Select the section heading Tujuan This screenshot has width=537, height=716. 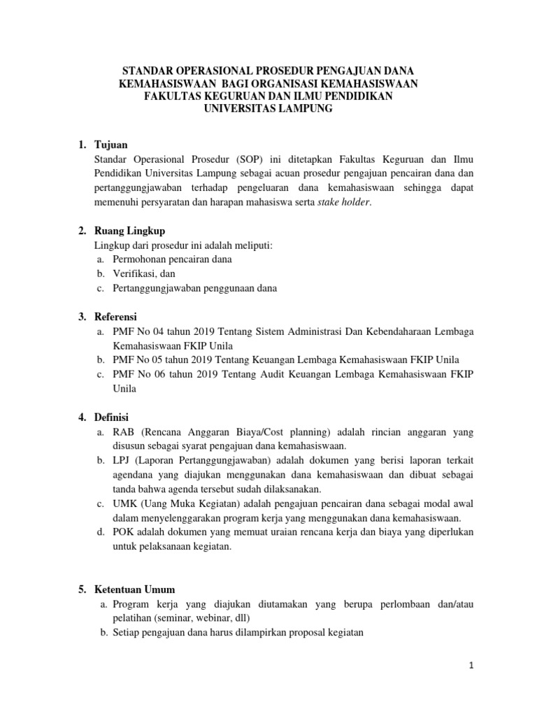(x=112, y=145)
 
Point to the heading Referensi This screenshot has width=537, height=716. (x=116, y=317)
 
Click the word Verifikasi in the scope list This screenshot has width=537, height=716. (x=134, y=273)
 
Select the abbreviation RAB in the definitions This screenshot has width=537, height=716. (x=124, y=432)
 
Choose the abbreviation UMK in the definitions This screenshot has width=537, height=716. (x=125, y=503)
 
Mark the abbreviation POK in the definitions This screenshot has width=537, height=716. (x=124, y=532)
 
